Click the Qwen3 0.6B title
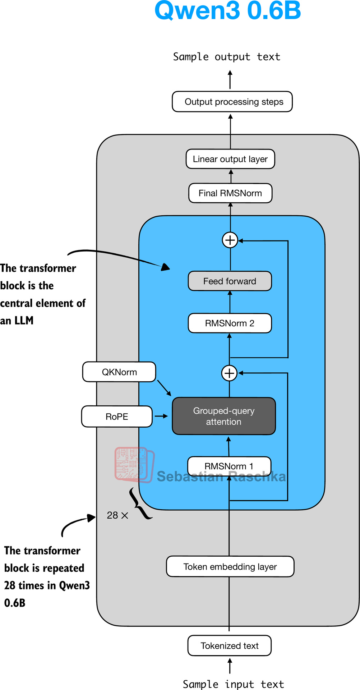(227, 11)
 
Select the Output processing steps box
(232, 102)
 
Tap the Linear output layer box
(230, 159)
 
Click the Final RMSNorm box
(230, 193)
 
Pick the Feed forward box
(230, 281)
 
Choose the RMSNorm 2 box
(230, 323)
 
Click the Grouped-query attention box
(224, 416)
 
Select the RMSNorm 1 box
(229, 466)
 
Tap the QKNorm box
(119, 372)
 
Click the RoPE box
(117, 417)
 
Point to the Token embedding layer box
(230, 567)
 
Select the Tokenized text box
(230, 646)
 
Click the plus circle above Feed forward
(230, 240)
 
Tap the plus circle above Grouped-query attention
(229, 373)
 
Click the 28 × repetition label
(117, 515)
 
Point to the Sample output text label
(227, 57)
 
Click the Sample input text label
(233, 684)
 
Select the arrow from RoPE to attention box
(161, 416)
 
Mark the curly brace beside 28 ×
(140, 503)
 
